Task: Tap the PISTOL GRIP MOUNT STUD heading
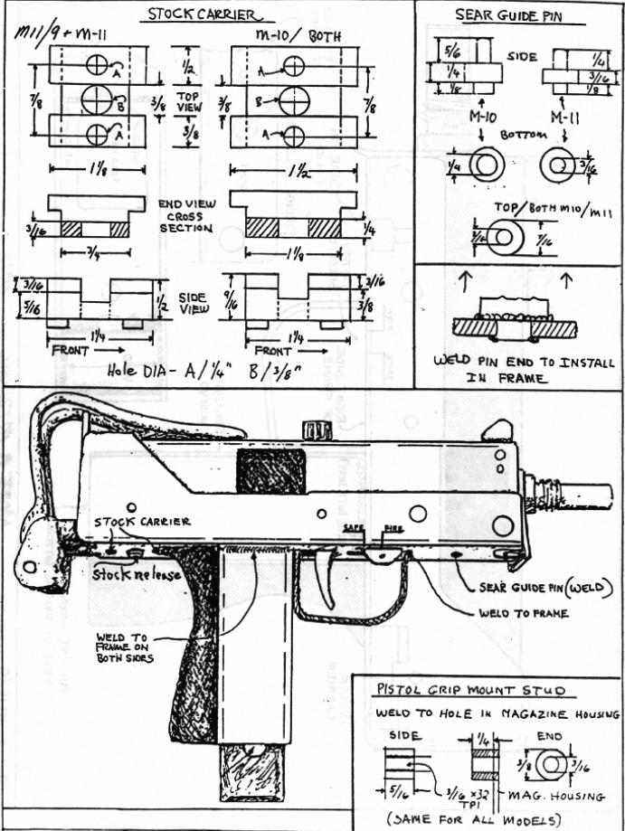tap(470, 691)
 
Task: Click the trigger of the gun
tap(328, 572)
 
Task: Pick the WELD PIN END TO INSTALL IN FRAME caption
tap(523, 370)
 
